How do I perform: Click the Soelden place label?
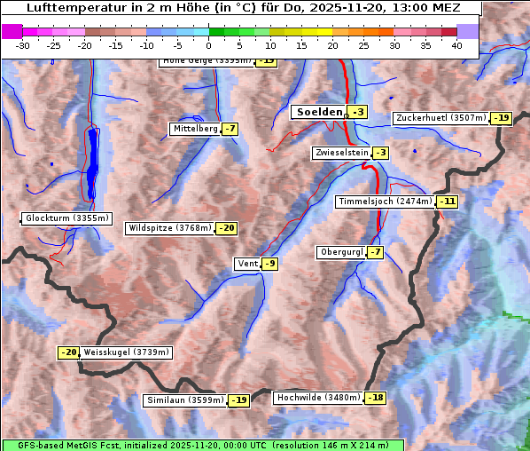click(319, 112)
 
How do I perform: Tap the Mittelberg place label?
click(195, 129)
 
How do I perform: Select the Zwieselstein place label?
click(340, 153)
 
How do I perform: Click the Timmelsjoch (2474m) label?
click(386, 202)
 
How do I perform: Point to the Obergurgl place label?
click(340, 252)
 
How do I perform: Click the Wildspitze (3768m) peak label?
click(170, 228)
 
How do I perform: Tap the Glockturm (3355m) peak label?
click(67, 218)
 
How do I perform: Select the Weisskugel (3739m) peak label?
click(127, 352)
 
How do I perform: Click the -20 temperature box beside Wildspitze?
click(227, 228)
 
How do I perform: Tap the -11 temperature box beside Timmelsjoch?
click(448, 202)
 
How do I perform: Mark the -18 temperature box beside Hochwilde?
click(376, 398)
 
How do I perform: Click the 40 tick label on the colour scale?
click(456, 45)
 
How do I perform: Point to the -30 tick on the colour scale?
click(23, 45)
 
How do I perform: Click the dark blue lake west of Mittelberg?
click(94, 164)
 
